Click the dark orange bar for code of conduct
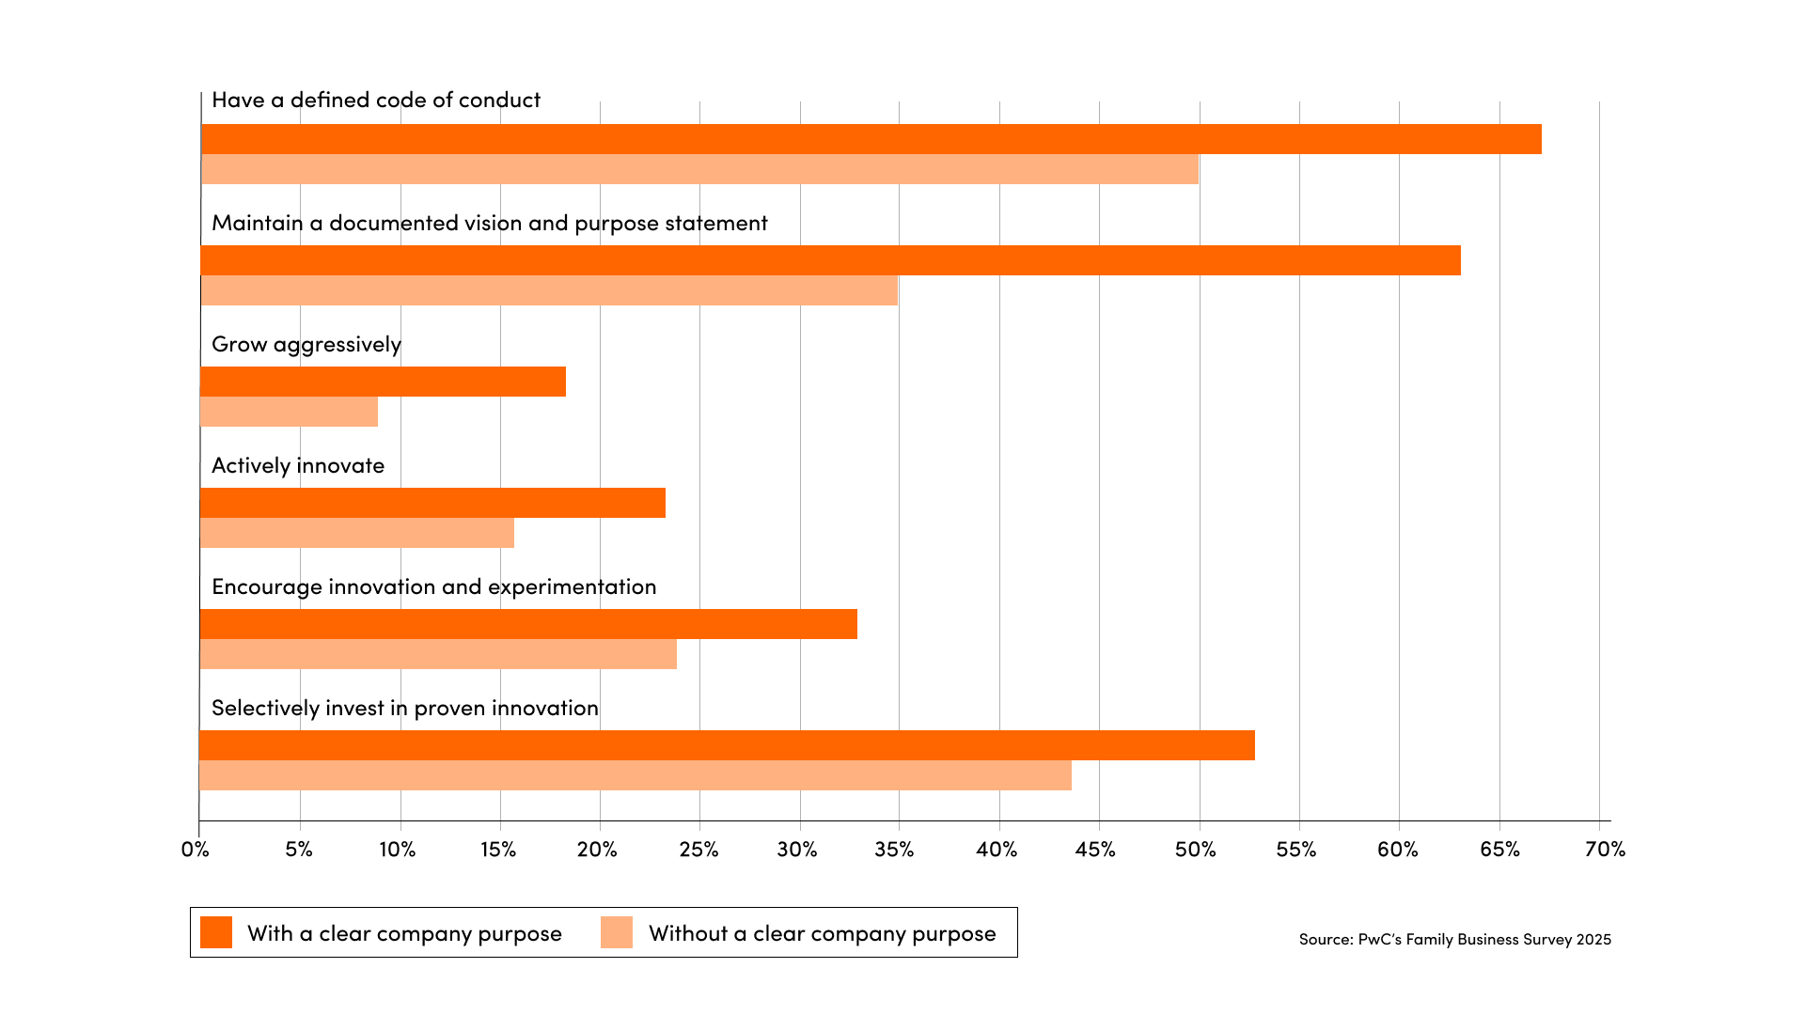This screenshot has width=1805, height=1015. [x=871, y=139]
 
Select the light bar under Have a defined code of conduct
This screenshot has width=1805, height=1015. [x=699, y=169]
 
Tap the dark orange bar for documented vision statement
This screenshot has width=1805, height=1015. [x=830, y=260]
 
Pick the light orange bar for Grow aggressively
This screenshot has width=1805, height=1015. [x=289, y=412]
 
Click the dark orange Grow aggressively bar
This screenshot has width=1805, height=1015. [x=383, y=382]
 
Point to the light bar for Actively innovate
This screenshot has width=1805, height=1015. [x=357, y=533]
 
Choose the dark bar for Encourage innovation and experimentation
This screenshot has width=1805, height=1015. [x=528, y=624]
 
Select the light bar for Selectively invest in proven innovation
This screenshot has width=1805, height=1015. [x=635, y=775]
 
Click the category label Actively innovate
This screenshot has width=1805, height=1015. [x=298, y=465]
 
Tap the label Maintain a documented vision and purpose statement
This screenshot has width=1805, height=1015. [x=489, y=223]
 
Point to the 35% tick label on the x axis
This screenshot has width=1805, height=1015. [x=894, y=850]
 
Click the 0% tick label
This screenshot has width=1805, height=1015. [x=195, y=850]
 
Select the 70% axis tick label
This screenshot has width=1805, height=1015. [x=1605, y=850]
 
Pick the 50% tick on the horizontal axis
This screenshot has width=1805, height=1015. [x=1196, y=850]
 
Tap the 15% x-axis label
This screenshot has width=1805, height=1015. [x=498, y=850]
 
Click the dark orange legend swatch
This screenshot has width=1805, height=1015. [x=216, y=932]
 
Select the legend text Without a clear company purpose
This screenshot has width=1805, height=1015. [x=822, y=933]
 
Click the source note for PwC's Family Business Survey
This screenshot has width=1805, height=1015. [x=1454, y=939]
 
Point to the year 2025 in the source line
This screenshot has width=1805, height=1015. [x=1594, y=939]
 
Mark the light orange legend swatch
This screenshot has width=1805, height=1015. [x=617, y=932]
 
